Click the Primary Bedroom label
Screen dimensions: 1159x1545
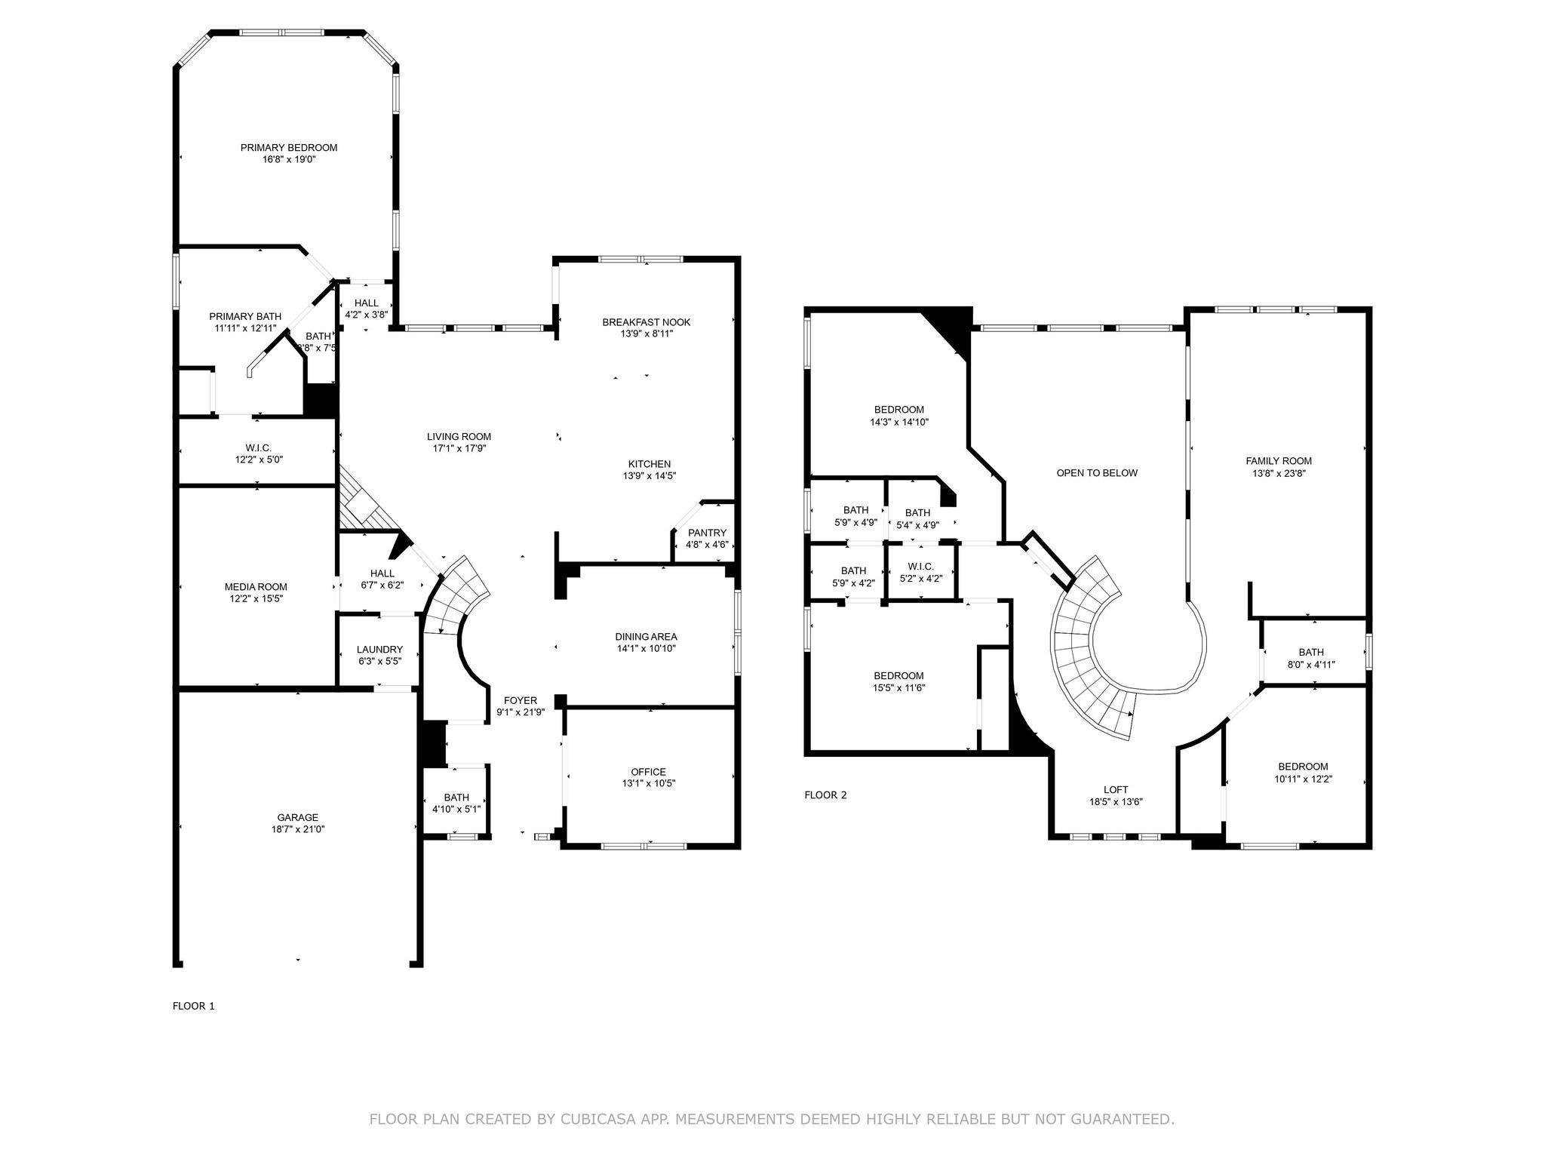(289, 148)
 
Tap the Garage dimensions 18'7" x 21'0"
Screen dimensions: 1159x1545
(298, 829)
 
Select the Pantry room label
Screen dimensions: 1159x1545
(707, 533)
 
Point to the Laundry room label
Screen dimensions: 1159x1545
(379, 650)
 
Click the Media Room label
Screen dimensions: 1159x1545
(256, 587)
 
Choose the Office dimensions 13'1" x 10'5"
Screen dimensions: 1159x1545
(648, 783)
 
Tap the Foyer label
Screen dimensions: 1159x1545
(521, 700)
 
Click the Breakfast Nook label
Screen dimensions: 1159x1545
(646, 322)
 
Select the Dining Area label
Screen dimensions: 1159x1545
(646, 636)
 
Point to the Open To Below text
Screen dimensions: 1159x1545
(1097, 473)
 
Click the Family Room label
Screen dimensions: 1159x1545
(1279, 461)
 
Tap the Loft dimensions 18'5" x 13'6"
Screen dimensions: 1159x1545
(1116, 802)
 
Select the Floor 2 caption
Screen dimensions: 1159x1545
(825, 795)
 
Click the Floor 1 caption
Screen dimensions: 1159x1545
(194, 1006)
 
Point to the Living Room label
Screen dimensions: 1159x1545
(459, 436)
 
